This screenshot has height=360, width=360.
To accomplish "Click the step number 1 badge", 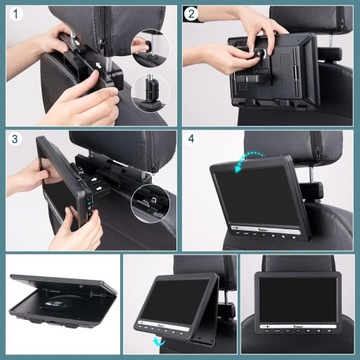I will pos(13,13).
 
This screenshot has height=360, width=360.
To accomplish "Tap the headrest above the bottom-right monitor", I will pos(300,268).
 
